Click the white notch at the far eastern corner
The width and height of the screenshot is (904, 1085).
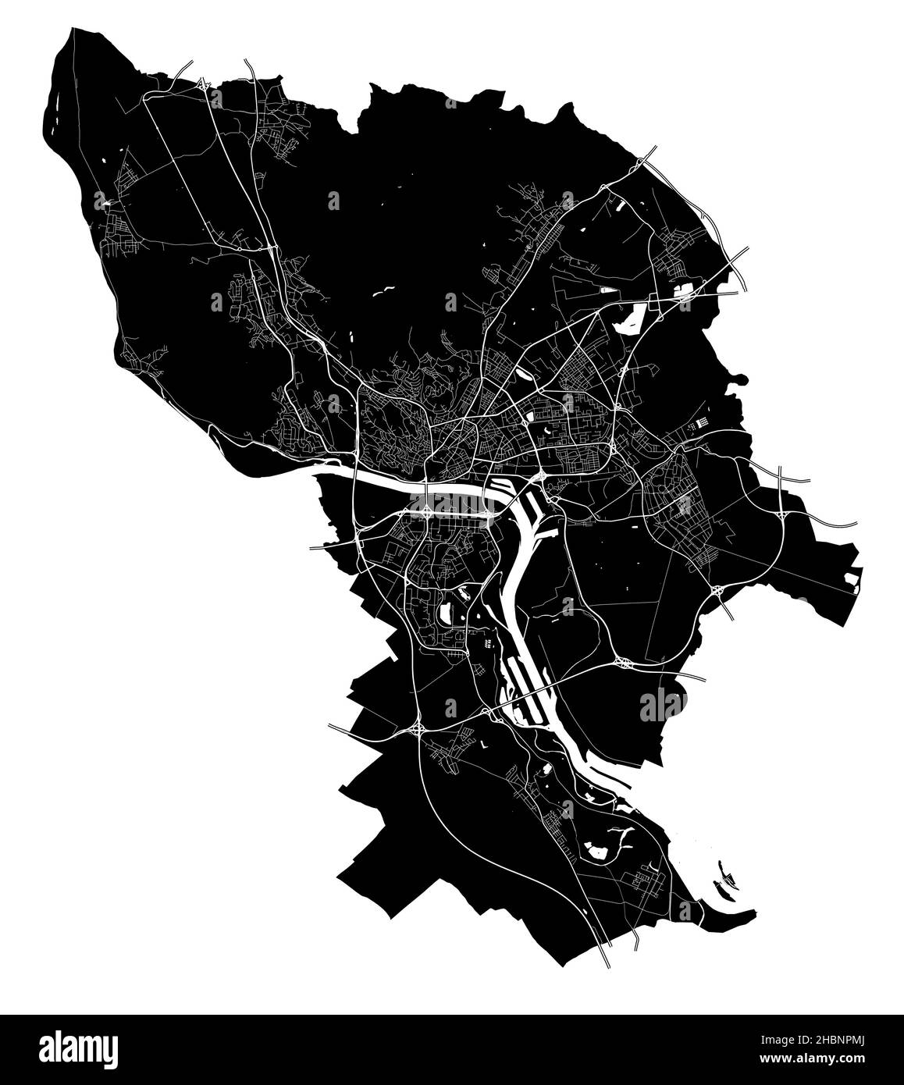(851, 580)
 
